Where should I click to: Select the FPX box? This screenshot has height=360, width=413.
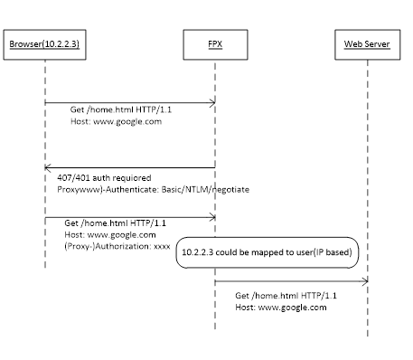(x=214, y=43)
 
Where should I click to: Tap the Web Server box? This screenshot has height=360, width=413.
(x=367, y=43)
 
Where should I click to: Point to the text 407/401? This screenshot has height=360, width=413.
(x=71, y=178)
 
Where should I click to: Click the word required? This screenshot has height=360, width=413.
(x=132, y=178)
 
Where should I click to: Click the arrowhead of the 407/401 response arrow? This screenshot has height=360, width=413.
(x=48, y=167)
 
